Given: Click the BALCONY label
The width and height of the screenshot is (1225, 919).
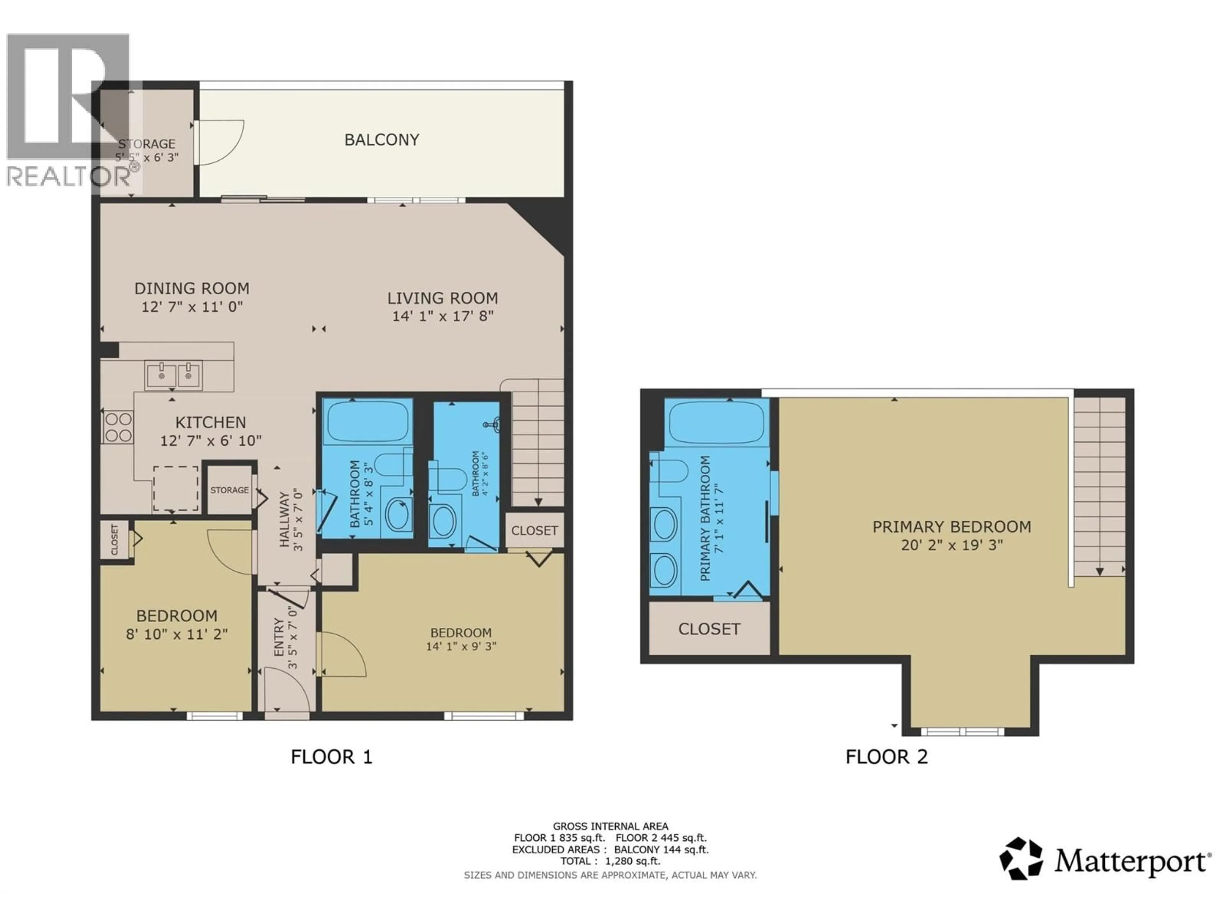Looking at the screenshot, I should [382, 139].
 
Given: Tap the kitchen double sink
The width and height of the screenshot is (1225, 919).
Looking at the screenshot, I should [173, 375].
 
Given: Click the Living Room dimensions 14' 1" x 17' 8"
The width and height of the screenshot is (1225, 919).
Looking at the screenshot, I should [442, 316].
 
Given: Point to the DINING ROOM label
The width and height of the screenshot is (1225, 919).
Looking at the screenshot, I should [192, 288].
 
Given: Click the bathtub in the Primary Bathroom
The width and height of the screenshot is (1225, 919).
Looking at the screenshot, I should [716, 421].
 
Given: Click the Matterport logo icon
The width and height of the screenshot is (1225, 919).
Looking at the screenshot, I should [1021, 859].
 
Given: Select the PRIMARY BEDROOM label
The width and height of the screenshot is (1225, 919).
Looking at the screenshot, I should [951, 527].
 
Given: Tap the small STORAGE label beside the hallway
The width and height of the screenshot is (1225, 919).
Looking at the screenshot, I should [229, 490].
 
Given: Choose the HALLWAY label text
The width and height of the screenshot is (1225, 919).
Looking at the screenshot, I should [285, 519].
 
